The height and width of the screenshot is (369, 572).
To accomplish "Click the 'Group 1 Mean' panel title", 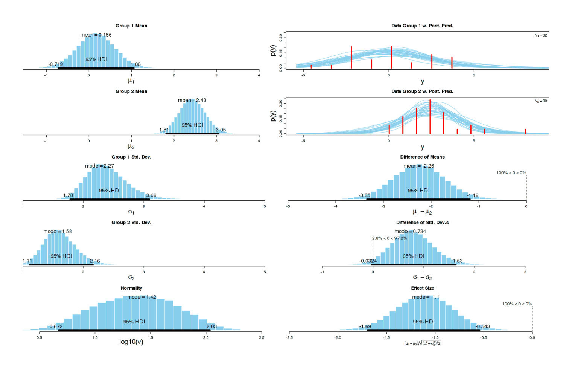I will (131, 26).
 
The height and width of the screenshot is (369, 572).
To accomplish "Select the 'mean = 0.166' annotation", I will (96, 35).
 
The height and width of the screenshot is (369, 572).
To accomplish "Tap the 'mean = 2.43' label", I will (192, 100).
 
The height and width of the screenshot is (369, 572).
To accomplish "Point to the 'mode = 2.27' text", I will (99, 166).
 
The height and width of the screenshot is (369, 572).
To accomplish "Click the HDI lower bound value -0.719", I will (56, 64).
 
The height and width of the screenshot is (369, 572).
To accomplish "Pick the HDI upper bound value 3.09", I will (151, 195).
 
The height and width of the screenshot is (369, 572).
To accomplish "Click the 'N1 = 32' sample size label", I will (541, 35).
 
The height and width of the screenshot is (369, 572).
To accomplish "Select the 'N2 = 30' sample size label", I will (541, 101).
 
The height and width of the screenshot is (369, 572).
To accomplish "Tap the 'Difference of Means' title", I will (422, 157).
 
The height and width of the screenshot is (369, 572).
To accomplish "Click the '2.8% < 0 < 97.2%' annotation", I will (389, 238).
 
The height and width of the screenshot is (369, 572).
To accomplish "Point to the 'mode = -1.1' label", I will (426, 297).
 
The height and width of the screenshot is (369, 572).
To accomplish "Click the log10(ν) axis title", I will (131, 342).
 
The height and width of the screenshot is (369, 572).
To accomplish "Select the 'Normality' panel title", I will (131, 288).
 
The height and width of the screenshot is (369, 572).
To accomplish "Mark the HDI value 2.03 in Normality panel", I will (211, 326).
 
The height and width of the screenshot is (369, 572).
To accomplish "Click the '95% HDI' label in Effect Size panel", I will (424, 322).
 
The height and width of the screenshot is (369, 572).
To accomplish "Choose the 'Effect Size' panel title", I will (422, 288).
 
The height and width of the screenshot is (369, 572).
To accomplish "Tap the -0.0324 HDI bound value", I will (368, 261).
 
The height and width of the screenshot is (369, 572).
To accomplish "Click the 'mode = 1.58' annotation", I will (58, 231).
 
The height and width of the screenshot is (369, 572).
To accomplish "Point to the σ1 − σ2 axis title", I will (422, 278).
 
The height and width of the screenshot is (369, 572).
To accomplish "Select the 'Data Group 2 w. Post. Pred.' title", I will (422, 91).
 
